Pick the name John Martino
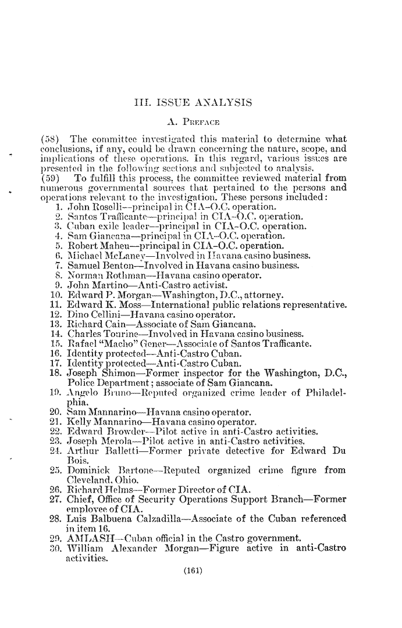click(93, 286)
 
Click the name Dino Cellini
click(90, 315)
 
